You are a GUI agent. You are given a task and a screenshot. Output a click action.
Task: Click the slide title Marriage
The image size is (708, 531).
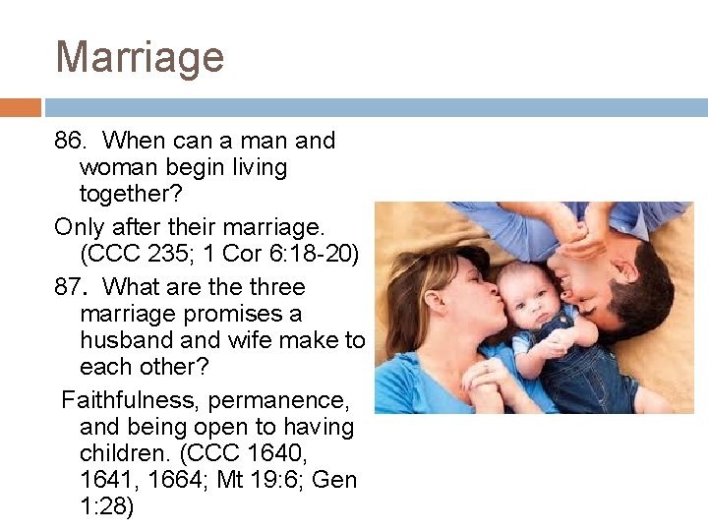pos(140,56)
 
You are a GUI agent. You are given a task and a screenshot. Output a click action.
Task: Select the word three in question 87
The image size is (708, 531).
pos(277,287)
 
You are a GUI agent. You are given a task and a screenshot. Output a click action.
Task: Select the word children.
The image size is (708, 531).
pos(125,453)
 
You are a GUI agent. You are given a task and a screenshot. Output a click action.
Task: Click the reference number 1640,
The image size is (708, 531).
pos(324,453)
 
